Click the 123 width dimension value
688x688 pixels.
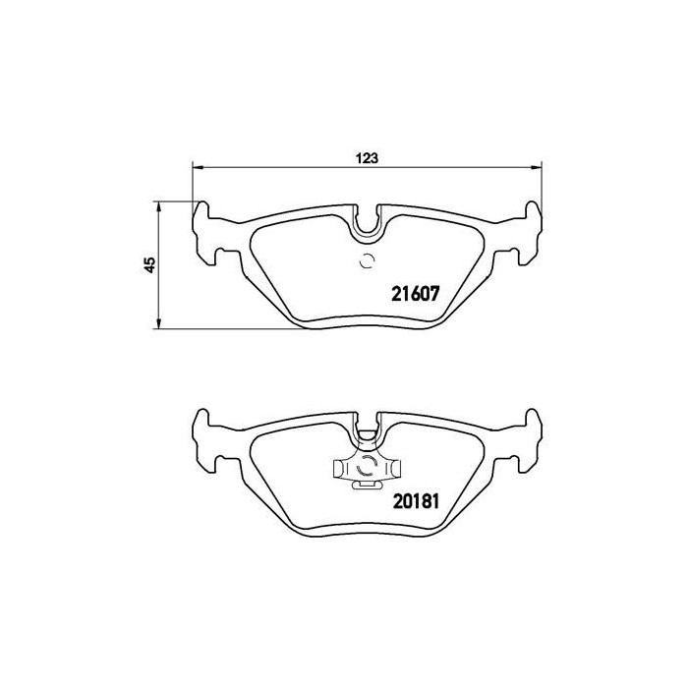368,157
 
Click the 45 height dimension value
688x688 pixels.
149,264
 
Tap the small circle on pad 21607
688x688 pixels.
367,260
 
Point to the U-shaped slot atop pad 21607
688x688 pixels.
368,224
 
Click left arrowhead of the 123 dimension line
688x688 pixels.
196,165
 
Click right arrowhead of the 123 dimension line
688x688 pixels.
537,165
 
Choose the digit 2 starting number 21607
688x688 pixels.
397,293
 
